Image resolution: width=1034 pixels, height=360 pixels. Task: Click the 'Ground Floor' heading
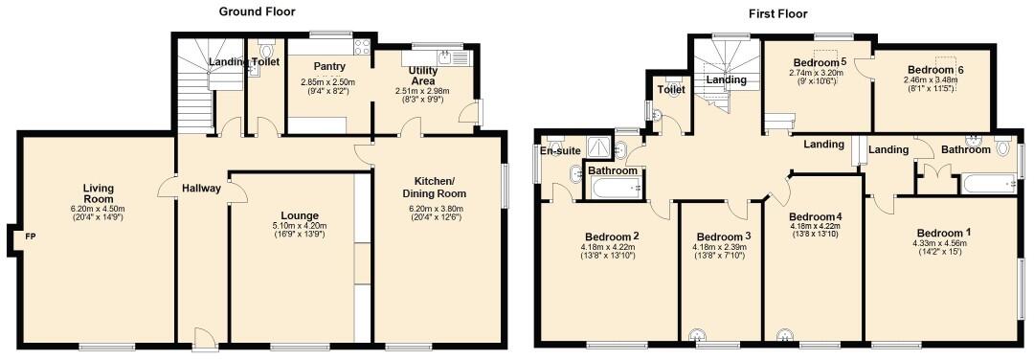coord(257,11)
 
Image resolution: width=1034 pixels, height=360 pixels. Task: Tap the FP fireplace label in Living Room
coord(30,236)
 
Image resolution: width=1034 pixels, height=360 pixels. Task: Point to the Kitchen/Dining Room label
coord(439,188)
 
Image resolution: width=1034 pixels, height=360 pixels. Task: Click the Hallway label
coord(203,188)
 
